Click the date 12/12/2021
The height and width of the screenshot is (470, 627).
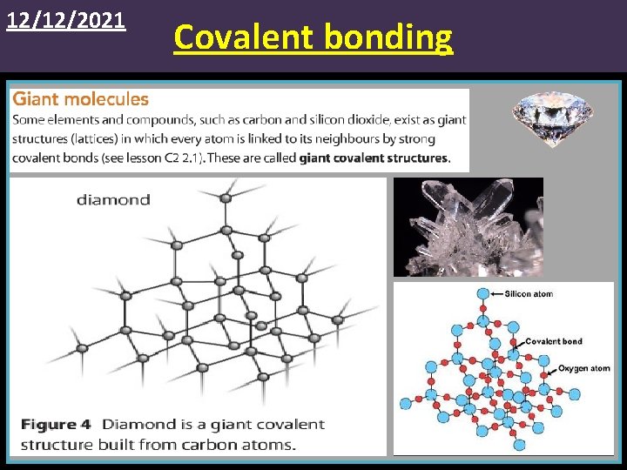pos(66,19)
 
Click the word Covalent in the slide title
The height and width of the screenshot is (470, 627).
pos(245,37)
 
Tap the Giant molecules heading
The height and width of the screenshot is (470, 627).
pos(80,99)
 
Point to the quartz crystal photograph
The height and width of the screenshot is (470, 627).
pos(468,226)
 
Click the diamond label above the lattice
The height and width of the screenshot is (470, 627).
pos(113,199)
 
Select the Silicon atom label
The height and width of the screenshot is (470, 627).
pos(529,294)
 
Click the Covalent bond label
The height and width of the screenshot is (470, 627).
pos(554,341)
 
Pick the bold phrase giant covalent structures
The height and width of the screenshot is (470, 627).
pos(374,158)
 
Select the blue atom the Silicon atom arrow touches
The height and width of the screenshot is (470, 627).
pos(483,294)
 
